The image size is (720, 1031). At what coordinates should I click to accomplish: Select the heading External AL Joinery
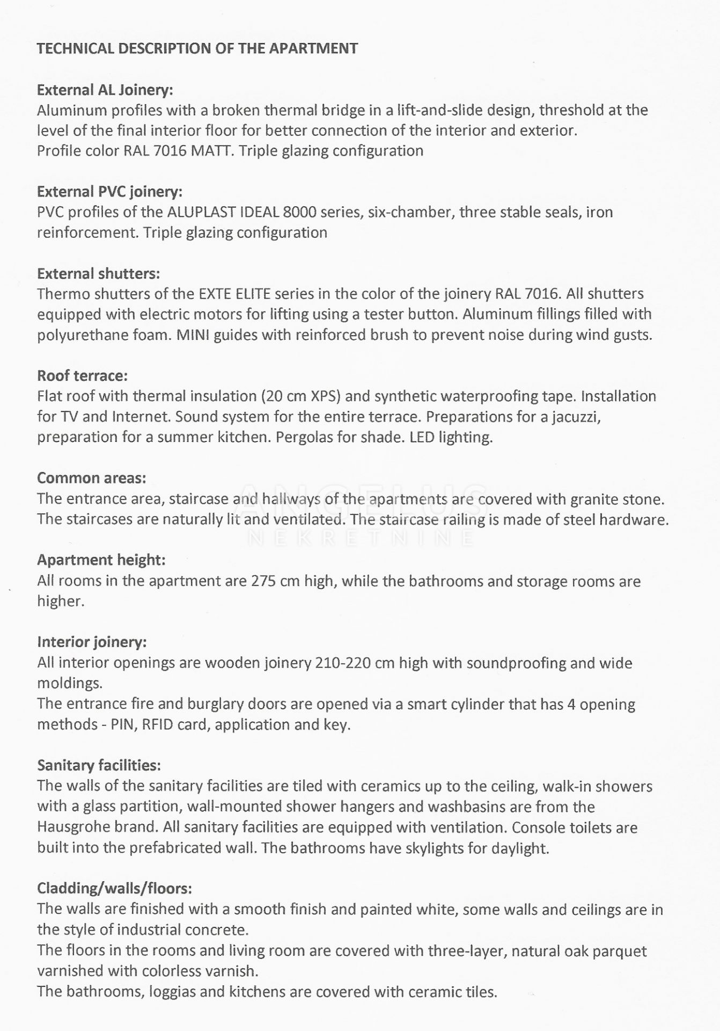click(105, 90)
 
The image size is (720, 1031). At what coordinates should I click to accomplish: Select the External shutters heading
click(98, 274)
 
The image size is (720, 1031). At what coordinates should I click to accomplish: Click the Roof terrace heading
click(83, 376)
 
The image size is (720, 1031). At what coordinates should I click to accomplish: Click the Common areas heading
click(91, 478)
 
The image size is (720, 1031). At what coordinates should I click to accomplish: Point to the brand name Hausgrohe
click(71, 827)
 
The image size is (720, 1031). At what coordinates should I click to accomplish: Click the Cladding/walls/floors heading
click(114, 889)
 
